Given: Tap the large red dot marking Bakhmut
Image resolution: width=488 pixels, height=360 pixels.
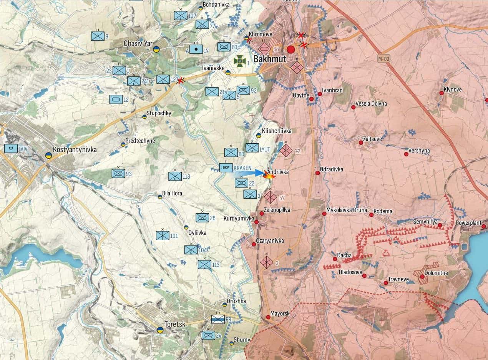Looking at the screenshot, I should point(291,49).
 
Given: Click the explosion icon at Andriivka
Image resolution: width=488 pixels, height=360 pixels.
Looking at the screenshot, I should point(269,176).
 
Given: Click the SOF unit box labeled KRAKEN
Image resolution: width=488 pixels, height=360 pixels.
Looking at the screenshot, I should point(226,168).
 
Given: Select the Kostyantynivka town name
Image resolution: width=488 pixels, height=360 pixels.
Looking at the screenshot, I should point(75,149).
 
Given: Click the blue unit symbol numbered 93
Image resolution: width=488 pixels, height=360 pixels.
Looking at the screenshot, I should point(118,173).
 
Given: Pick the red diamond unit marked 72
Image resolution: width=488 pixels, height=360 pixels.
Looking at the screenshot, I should point(286,150).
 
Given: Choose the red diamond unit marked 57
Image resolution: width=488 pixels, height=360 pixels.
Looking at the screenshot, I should point(270,197).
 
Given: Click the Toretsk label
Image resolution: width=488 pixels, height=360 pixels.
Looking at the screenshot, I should point(175,324).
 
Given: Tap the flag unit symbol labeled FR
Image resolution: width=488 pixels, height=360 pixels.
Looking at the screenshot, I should point(218,319).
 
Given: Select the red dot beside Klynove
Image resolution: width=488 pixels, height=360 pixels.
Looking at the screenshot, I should point(442,93).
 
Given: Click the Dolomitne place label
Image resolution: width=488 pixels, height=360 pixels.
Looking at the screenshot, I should point(437,273).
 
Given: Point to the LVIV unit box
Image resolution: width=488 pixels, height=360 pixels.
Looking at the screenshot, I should point(11,148).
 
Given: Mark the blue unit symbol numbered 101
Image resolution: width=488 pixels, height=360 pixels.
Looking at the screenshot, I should point(163,235).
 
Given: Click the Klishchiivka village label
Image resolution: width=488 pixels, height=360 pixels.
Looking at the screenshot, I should point(277,131).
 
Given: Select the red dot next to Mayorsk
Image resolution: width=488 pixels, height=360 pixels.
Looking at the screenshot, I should point(268,317).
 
